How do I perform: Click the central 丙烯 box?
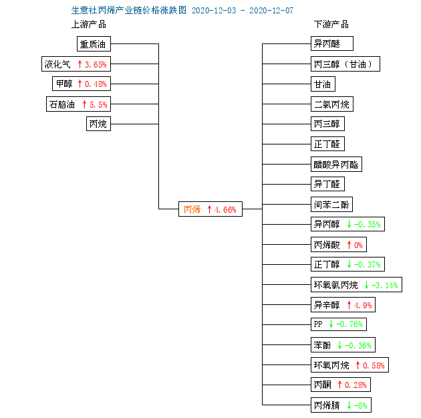(x=210, y=209)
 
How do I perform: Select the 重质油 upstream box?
(x=94, y=43)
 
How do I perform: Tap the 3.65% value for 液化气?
(x=96, y=64)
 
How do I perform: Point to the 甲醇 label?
(x=64, y=84)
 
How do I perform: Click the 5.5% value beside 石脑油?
(x=98, y=104)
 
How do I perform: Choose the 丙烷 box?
(x=98, y=124)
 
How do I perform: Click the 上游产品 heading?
(x=89, y=25)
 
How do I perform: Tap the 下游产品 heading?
(x=331, y=25)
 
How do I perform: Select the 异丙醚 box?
(x=332, y=43)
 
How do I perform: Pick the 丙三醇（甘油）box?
(x=345, y=64)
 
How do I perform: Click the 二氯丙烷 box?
(x=332, y=104)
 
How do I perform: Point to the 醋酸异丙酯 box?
(x=336, y=164)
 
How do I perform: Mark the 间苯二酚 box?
(x=331, y=205)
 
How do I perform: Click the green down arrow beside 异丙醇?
(x=349, y=224)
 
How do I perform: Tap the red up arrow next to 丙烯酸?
(x=349, y=245)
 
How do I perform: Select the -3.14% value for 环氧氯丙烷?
(x=385, y=285)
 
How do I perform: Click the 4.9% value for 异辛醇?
(x=363, y=305)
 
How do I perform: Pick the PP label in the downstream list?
(x=318, y=324)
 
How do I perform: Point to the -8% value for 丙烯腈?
(x=361, y=405)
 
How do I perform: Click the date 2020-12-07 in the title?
(x=271, y=11)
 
